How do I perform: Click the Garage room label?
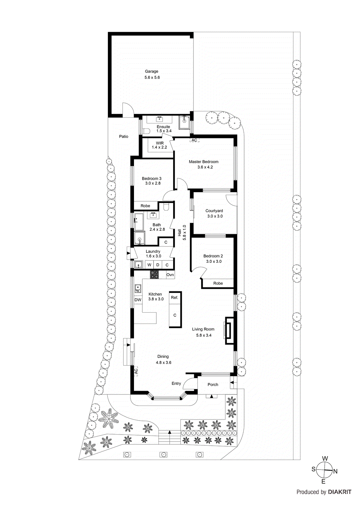pyautogui.click(x=152, y=72)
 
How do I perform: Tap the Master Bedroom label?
pyautogui.click(x=203, y=162)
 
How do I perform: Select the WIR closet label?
pyautogui.click(x=159, y=143)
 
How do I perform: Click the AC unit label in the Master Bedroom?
pyautogui.click(x=194, y=140)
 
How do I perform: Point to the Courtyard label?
pyautogui.click(x=214, y=211)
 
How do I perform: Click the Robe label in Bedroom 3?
pyautogui.click(x=145, y=206)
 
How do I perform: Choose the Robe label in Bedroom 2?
pyautogui.click(x=218, y=283)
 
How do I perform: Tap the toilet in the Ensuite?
pyautogui.click(x=146, y=131)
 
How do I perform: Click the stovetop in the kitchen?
pyautogui.click(x=154, y=274)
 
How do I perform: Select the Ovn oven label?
pyautogui.click(x=170, y=275)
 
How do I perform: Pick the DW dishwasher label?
pyautogui.click(x=138, y=300)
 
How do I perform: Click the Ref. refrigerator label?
pyautogui.click(x=174, y=297)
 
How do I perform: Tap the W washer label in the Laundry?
pyautogui.click(x=149, y=265)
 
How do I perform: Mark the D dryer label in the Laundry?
pyautogui.click(x=158, y=265)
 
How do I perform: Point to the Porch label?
pyautogui.click(x=213, y=385)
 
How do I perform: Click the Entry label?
pyautogui.click(x=176, y=383)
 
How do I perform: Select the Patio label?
pyautogui.click(x=124, y=136)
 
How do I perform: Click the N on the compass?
pyautogui.click(x=335, y=471)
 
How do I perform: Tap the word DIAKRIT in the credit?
pyautogui.click(x=340, y=492)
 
